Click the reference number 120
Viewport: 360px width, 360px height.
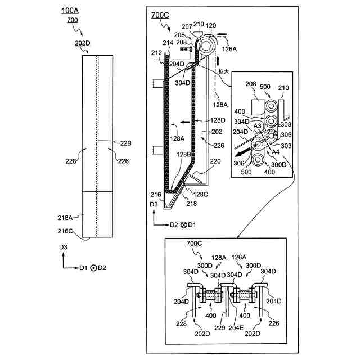point(211,25)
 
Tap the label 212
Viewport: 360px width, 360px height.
point(156,54)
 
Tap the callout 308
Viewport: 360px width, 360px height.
point(286,124)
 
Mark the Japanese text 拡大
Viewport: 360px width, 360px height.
point(223,71)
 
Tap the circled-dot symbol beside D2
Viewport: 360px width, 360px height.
point(93,268)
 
